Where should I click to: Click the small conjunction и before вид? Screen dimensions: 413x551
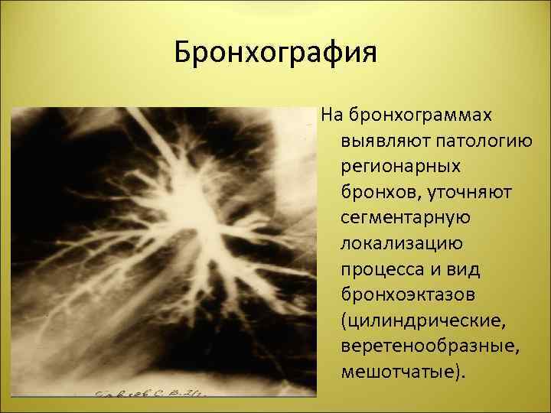click(x=433, y=270)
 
